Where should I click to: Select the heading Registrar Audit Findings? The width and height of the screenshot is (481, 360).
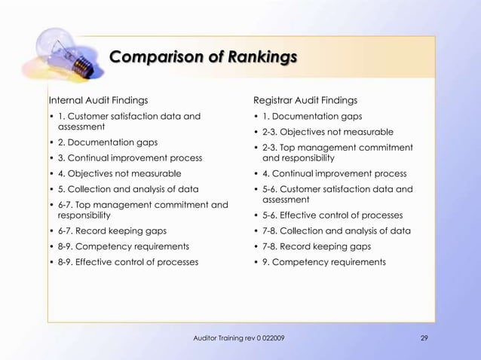[x=305, y=100]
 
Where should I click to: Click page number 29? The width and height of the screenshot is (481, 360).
[x=424, y=337]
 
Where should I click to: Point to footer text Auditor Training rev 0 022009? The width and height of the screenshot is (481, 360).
[x=240, y=337]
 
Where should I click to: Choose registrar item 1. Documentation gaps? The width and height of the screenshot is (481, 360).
[x=312, y=116]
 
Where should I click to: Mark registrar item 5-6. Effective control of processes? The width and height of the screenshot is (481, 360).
[x=332, y=215]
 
